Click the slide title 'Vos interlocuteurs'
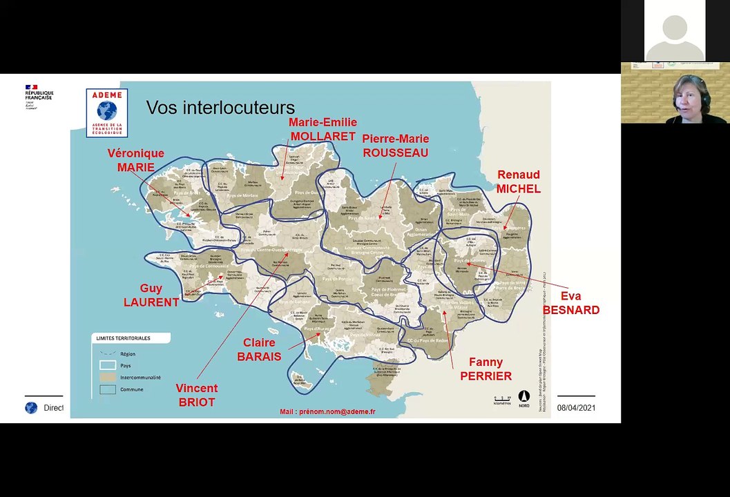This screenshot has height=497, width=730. coord(220,108)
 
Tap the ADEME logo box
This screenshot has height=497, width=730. coord(106,113)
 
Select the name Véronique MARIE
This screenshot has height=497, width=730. coord(135,160)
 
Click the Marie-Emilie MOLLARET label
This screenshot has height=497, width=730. coord(323,129)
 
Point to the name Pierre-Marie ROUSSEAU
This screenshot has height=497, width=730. coord(395,146)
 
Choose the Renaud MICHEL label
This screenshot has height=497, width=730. coord(518,182)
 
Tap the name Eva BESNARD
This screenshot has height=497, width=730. coord(570,303)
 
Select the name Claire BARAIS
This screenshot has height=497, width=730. coord(259,349)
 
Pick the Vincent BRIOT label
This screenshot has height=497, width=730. coord(196,395)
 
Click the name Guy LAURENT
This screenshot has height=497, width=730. coord(151,295)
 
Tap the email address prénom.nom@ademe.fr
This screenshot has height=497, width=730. coord(327,411)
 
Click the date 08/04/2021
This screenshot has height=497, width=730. coord(576,408)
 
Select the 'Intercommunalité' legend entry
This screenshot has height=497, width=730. coord(140,378)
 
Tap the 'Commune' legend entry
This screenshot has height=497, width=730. coord(131,389)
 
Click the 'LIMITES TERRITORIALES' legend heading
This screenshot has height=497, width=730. coord(123,338)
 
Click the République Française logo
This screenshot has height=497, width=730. coord(39,97)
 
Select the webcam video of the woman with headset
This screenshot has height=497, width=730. coord(675,93)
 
